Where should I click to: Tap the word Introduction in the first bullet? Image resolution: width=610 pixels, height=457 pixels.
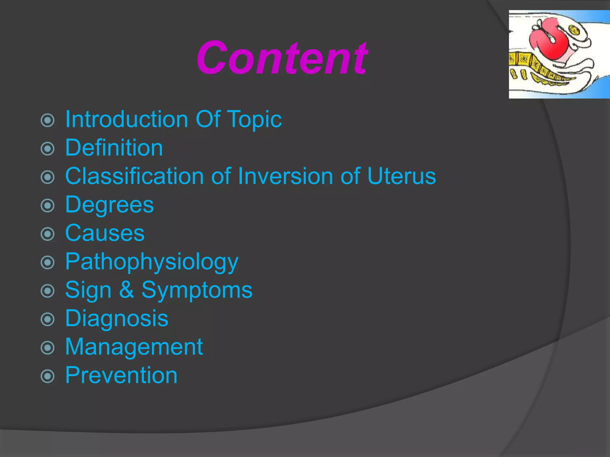127,119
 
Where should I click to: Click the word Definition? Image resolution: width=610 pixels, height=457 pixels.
114,148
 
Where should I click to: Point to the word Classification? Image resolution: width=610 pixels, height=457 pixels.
134,176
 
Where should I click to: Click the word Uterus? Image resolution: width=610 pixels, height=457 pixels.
401,176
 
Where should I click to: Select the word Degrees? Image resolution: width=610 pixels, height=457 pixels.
109,205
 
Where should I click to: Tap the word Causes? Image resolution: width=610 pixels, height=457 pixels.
105,233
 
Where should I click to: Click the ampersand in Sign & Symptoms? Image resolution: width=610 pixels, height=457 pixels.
126,290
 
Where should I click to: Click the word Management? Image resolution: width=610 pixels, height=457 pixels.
134,347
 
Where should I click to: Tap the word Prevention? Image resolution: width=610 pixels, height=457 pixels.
121,375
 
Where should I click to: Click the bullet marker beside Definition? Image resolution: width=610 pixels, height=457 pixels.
48,148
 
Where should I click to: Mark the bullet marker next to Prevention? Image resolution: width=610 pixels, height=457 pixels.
48,376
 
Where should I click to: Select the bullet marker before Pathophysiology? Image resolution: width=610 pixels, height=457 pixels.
48,262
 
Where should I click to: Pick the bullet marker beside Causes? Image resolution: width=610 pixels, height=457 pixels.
48,234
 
